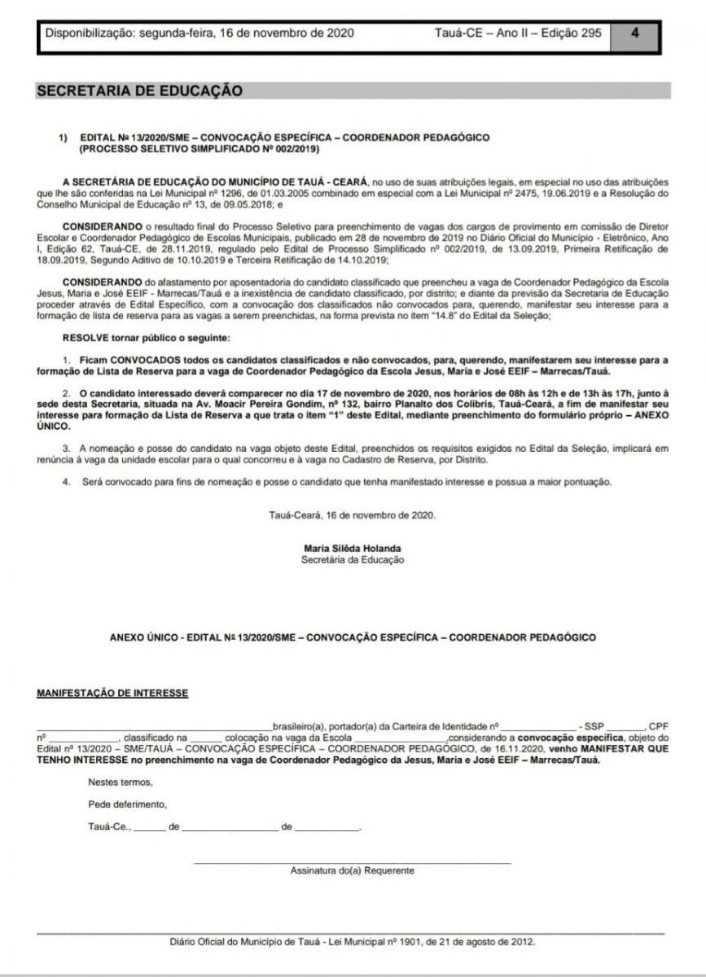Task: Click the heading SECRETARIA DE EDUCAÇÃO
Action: coord(139,91)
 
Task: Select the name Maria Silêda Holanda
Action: coord(352,548)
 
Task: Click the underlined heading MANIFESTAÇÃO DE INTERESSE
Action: coord(112,693)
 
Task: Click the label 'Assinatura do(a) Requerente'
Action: coord(352,870)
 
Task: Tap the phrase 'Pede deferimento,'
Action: coord(127,804)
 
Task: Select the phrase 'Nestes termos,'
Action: coord(120,782)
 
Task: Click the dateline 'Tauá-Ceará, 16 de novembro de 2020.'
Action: coord(352,515)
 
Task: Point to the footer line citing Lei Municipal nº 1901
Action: coord(352,940)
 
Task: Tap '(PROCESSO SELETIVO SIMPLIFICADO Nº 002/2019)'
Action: coord(200,150)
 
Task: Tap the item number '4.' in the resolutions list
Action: coord(68,482)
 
